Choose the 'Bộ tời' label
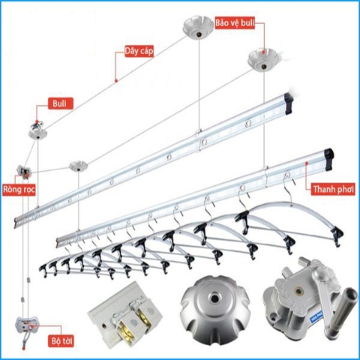pos(55,340)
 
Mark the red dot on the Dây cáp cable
pos(114,79)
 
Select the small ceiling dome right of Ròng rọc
pos(77,166)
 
